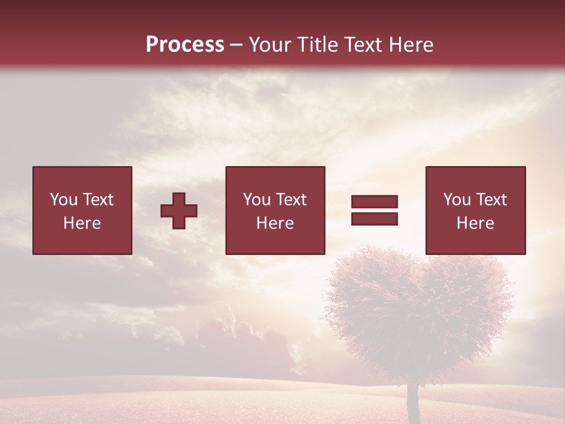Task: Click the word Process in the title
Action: (x=185, y=44)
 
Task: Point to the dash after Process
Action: (x=237, y=45)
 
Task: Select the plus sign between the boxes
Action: (x=179, y=210)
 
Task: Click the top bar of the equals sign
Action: (x=374, y=201)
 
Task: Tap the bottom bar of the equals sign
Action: (x=374, y=218)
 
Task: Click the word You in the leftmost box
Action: (x=64, y=200)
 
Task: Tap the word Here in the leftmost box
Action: (x=82, y=223)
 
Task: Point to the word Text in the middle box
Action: (x=291, y=200)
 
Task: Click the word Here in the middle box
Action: (x=275, y=223)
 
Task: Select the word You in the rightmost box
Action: (x=457, y=200)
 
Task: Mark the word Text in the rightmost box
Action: (x=491, y=200)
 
